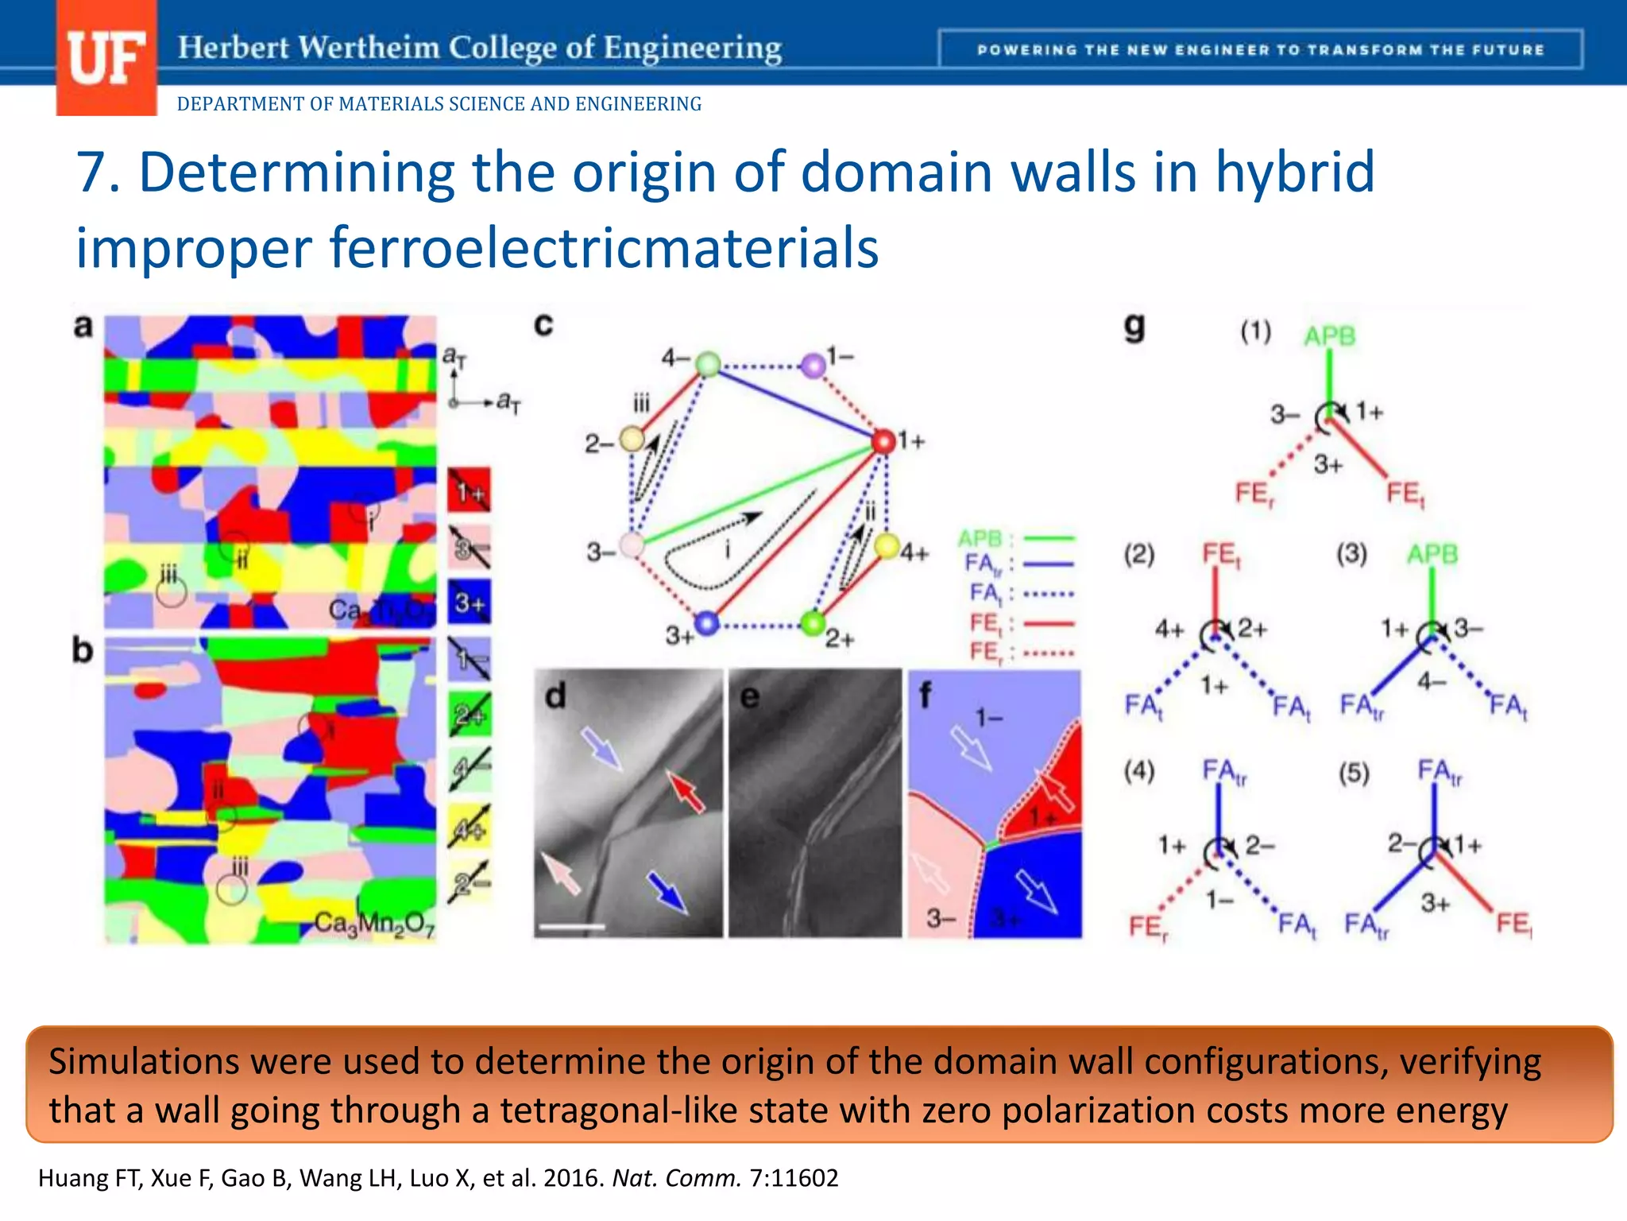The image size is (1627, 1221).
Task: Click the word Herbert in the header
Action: pos(233,48)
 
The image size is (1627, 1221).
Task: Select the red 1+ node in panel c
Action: pos(883,441)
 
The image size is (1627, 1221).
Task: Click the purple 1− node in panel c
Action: pos(813,366)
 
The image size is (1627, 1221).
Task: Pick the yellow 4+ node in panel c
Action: pos(887,546)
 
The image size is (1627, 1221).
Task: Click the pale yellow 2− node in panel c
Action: pos(632,439)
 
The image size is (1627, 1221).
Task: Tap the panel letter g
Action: pos(1134,325)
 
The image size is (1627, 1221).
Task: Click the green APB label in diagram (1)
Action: pos(1329,336)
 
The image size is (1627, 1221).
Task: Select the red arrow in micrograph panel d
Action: pos(686,791)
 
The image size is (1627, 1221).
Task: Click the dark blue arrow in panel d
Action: pos(667,892)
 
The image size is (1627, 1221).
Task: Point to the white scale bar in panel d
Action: pos(571,926)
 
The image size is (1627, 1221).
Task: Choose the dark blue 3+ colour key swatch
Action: pos(469,602)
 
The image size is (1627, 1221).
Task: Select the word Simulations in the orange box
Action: pos(144,1062)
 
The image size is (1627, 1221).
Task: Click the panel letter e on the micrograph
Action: pos(749,696)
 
